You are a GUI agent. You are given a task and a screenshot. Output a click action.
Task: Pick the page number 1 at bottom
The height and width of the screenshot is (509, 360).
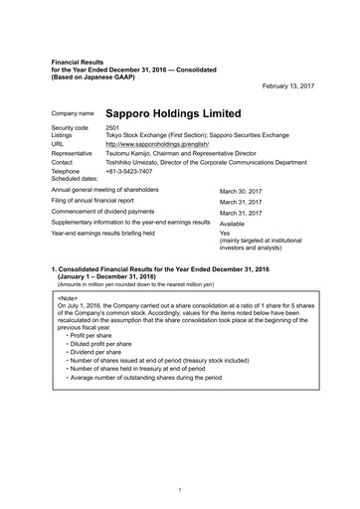[x=180, y=490]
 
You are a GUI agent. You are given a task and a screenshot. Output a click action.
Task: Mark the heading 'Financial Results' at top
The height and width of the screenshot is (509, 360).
[x=79, y=61]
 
